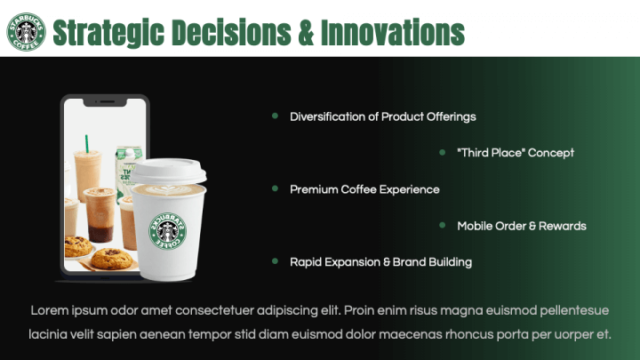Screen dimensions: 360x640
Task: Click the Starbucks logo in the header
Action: coord(26,32)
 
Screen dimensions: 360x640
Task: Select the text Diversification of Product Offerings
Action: coord(382,116)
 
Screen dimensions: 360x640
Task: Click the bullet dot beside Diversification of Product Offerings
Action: coord(275,116)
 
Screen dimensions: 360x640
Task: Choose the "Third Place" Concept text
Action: coord(515,153)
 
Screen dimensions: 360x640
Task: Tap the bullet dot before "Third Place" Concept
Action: coord(442,152)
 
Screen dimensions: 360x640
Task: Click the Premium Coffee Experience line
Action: coord(364,189)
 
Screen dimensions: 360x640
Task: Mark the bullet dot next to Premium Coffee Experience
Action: coord(275,188)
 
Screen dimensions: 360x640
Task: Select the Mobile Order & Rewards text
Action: coord(521,226)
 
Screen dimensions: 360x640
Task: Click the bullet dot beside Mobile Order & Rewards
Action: coord(442,225)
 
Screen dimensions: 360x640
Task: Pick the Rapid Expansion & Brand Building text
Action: coord(380,262)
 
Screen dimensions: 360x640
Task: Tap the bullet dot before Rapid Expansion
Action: coord(275,261)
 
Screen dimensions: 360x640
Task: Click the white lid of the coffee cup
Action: coord(169,172)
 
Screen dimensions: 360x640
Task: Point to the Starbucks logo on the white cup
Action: coord(168,230)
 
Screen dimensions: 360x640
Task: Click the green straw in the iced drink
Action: coord(87,144)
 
